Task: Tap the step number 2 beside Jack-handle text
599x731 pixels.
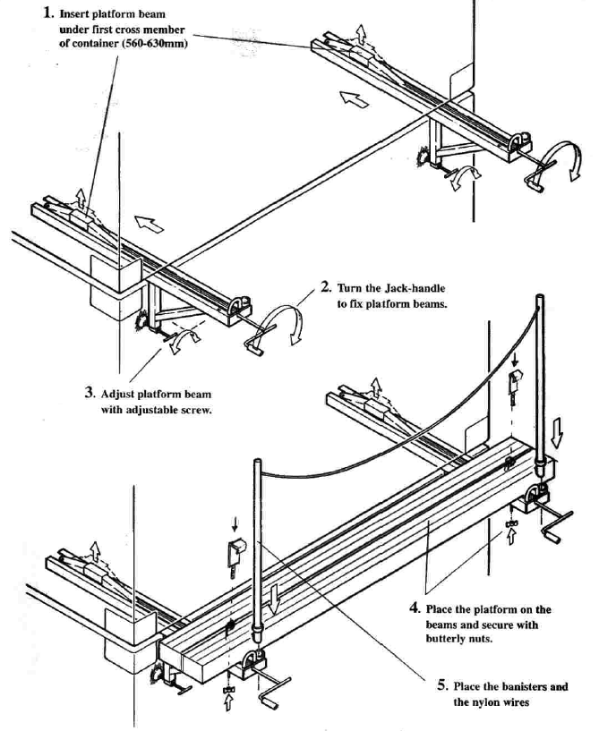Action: pos(326,288)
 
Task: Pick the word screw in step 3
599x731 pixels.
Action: pos(206,411)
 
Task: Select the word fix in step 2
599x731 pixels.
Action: pos(361,305)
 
